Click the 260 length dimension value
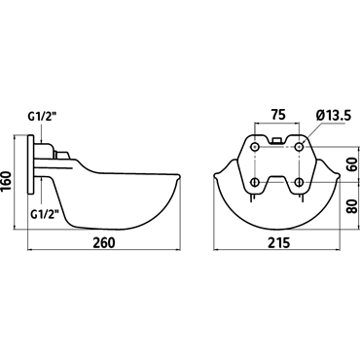click(104, 242)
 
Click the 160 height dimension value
click(7, 182)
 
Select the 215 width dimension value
click(278, 242)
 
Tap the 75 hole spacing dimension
click(278, 115)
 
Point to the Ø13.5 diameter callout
click(333, 116)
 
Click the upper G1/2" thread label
click(43, 118)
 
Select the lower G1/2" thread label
click(45, 214)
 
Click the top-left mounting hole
click(255, 147)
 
